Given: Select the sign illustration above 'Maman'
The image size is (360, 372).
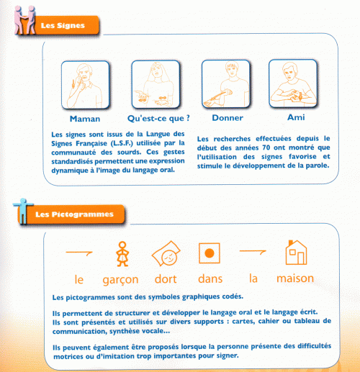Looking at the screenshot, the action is pos(86,83).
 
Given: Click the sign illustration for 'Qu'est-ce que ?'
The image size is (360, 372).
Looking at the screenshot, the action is pos(155,83).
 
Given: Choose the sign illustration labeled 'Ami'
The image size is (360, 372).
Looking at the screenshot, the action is pos(293,83).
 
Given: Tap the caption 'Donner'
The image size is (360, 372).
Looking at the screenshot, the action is pos(227,117).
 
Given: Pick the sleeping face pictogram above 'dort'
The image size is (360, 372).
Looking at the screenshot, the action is pos(165,253).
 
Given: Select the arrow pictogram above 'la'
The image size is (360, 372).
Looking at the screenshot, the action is pos(253,252).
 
